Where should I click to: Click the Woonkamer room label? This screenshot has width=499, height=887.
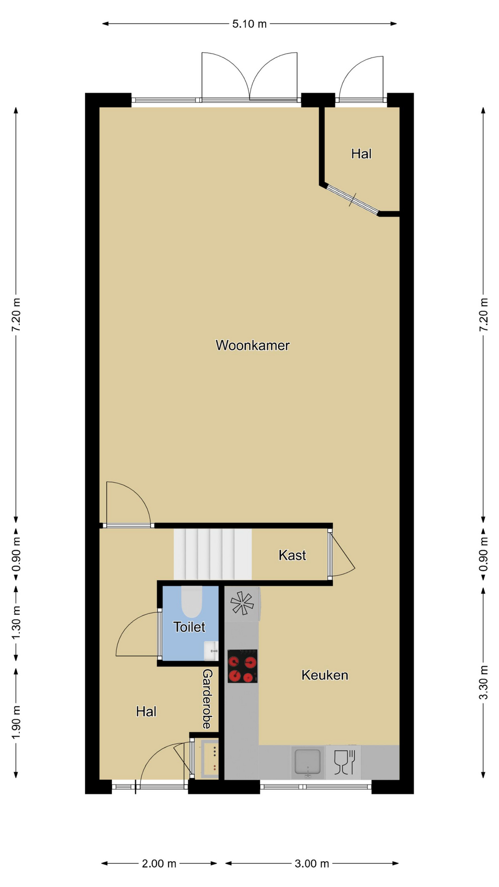252,345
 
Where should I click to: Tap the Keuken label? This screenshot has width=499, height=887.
324,675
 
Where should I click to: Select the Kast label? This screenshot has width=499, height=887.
292,555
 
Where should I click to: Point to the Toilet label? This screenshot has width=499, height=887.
189,627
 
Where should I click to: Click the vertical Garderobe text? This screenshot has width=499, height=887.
207,699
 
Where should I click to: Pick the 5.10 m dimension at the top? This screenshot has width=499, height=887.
249,24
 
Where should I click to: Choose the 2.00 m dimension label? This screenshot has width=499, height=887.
159,863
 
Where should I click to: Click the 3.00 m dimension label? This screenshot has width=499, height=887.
312,863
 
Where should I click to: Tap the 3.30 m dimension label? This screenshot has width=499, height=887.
483,682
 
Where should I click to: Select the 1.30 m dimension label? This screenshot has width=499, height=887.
16,623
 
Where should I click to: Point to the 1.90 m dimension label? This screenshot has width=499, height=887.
16,722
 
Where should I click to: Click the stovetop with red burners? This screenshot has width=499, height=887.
242,666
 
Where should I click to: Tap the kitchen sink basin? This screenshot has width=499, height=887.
308,762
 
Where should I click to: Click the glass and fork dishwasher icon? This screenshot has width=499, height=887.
344,762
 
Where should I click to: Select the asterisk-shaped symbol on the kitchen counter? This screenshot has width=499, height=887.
242,603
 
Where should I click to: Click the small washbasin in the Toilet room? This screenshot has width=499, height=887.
211,650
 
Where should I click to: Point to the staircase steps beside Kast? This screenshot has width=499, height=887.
213,554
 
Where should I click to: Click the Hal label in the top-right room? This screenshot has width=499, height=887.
361,154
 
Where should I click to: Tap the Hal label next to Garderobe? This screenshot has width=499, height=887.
146,711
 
